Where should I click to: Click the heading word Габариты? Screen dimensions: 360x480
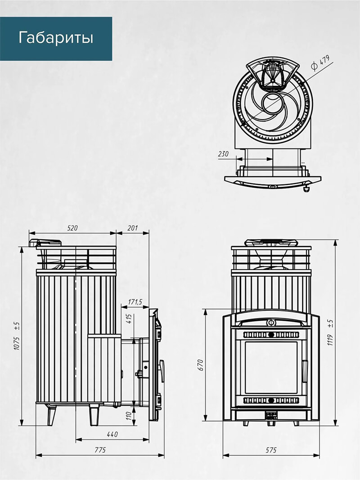[56, 38]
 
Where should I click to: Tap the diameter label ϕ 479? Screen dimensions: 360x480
[320, 63]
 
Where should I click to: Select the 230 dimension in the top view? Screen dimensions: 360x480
[223, 154]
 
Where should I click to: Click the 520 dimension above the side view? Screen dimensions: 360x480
[72, 228]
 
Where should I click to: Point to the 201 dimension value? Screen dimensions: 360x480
[133, 228]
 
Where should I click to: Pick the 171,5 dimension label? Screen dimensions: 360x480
[135, 302]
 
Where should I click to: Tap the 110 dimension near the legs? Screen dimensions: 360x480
[129, 416]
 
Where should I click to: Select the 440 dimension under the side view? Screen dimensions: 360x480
[112, 434]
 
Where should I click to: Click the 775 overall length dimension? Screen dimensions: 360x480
[100, 450]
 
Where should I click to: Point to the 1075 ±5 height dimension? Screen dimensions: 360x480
[17, 336]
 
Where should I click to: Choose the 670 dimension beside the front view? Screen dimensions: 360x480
[201, 365]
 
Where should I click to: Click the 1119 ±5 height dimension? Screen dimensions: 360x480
[330, 333]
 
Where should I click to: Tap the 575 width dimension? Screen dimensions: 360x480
[271, 450]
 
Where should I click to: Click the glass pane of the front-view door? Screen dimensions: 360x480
[271, 368]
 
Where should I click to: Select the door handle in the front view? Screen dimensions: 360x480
[305, 371]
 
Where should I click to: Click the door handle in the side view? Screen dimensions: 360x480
[162, 371]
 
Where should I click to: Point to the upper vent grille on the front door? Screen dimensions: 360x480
[271, 335]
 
